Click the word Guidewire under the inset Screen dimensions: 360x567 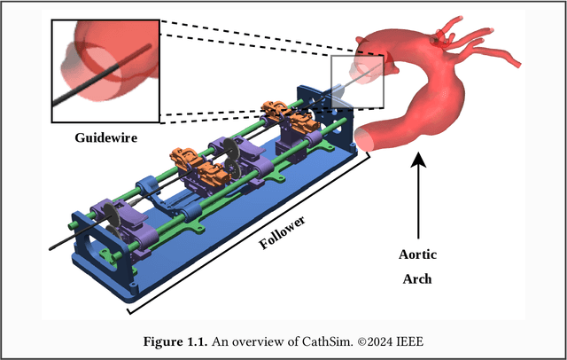pos(105,138)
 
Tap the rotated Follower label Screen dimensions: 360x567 pos(284,231)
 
